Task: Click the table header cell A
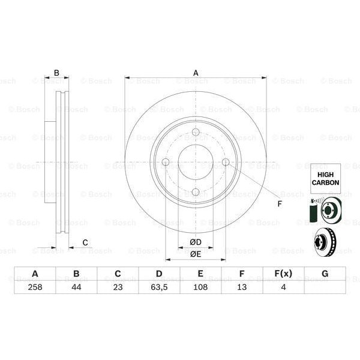[35, 274]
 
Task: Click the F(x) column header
[283, 274]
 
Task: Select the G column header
[325, 274]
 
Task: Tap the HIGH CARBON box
[325, 178]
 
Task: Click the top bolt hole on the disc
[196, 133]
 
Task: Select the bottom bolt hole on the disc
[196, 192]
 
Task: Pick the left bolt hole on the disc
[166, 162]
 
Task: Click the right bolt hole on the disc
[226, 162]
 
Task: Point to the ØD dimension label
[196, 242]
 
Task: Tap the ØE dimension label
[196, 254]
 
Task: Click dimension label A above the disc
[196, 73]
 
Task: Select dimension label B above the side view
[56, 73]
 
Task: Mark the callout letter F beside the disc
[279, 203]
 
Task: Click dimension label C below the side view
[85, 242]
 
